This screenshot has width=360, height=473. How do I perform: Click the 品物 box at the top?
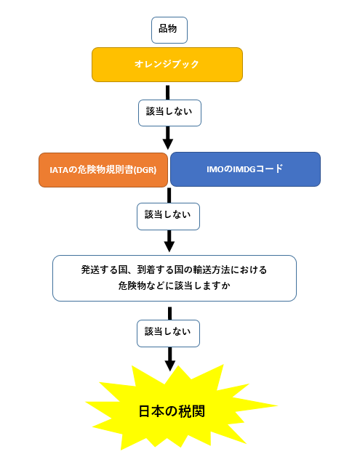click(169, 31)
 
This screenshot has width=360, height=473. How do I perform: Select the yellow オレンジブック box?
click(167, 65)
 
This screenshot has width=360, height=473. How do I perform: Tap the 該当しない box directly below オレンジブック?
click(169, 113)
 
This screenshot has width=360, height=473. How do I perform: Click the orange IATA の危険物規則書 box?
click(103, 170)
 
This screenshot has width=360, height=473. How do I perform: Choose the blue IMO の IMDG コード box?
click(245, 169)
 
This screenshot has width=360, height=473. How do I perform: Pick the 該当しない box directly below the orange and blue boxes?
click(168, 217)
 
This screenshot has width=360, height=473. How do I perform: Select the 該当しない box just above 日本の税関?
click(168, 333)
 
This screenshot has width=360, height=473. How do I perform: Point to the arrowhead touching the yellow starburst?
click(170, 366)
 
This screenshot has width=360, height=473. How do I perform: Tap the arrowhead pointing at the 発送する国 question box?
click(169, 246)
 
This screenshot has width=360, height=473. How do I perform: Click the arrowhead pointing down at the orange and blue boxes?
click(168, 144)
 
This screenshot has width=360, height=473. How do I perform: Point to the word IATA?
click(59, 170)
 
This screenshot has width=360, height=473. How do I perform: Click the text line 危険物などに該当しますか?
click(175, 286)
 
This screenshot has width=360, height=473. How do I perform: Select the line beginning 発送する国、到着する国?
click(174, 270)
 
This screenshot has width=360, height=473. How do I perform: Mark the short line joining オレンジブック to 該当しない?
click(167, 92)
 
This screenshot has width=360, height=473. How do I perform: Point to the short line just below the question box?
click(169, 313)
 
